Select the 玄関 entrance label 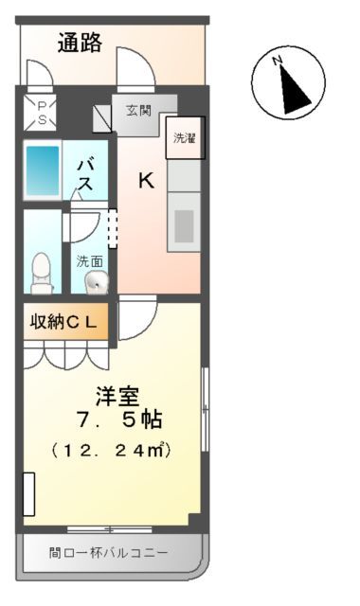click(138, 111)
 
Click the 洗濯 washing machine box click(184, 138)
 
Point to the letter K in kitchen click(146, 180)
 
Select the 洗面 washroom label click(90, 259)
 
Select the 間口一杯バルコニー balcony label click(109, 551)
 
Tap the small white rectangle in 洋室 click(29, 491)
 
